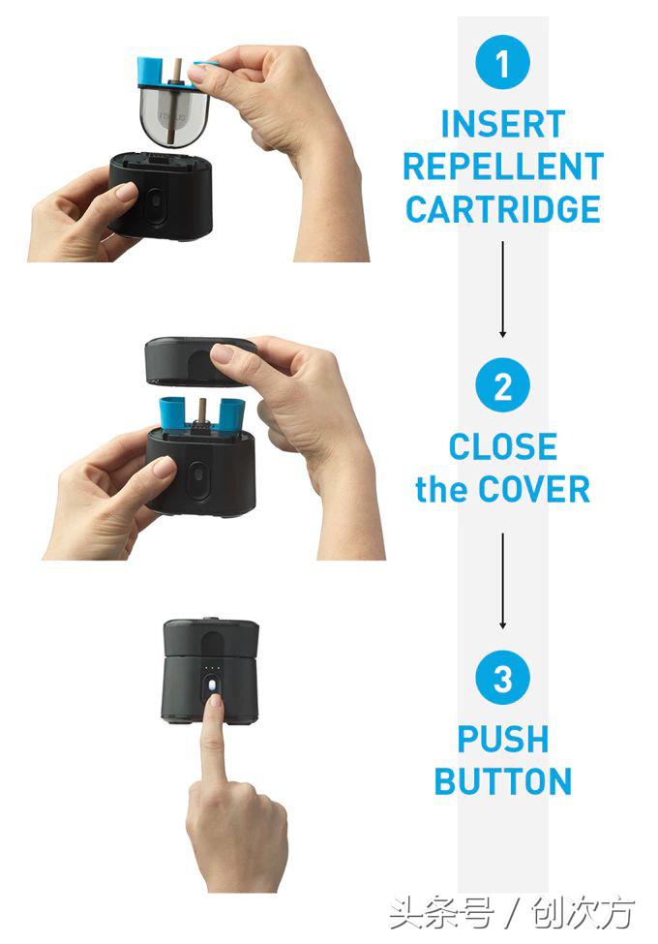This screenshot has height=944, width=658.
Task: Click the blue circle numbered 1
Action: (x=502, y=62)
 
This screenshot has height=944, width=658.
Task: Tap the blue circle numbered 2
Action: (x=502, y=385)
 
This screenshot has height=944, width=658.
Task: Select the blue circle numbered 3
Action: (x=502, y=678)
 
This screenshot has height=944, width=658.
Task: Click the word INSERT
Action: (x=503, y=124)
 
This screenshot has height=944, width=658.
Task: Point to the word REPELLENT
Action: (x=503, y=167)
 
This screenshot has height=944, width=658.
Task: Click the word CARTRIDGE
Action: (x=503, y=209)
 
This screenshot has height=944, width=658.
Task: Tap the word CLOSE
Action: (x=503, y=446)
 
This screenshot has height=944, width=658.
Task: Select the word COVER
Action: (x=534, y=489)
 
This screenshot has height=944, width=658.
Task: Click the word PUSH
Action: (x=503, y=739)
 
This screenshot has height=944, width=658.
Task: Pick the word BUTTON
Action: (x=503, y=781)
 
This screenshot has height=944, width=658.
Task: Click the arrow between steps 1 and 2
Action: (x=503, y=289)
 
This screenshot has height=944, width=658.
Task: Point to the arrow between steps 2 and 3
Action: (x=503, y=581)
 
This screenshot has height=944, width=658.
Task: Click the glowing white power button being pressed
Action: (x=212, y=685)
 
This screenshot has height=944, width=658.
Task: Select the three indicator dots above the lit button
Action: (x=212, y=668)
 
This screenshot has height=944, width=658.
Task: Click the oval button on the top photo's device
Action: (x=155, y=206)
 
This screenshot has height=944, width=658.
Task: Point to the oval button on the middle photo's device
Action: (x=196, y=479)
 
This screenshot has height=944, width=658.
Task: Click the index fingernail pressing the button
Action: (x=215, y=700)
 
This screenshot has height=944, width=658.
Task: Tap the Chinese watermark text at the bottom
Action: (x=511, y=913)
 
